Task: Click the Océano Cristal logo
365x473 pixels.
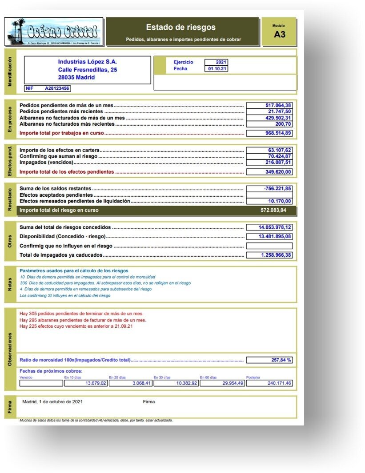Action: (x=54, y=31)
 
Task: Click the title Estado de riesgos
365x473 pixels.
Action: (x=180, y=28)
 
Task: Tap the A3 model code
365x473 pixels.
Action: (x=279, y=34)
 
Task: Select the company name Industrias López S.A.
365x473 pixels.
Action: (x=88, y=62)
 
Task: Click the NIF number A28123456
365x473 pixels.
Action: (x=57, y=88)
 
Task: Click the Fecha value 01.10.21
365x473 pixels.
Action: (x=216, y=69)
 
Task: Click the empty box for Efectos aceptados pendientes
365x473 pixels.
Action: (x=269, y=195)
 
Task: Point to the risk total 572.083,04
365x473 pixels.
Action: (x=273, y=210)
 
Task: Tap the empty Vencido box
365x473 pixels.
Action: (x=41, y=383)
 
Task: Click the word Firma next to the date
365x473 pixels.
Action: (x=149, y=402)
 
